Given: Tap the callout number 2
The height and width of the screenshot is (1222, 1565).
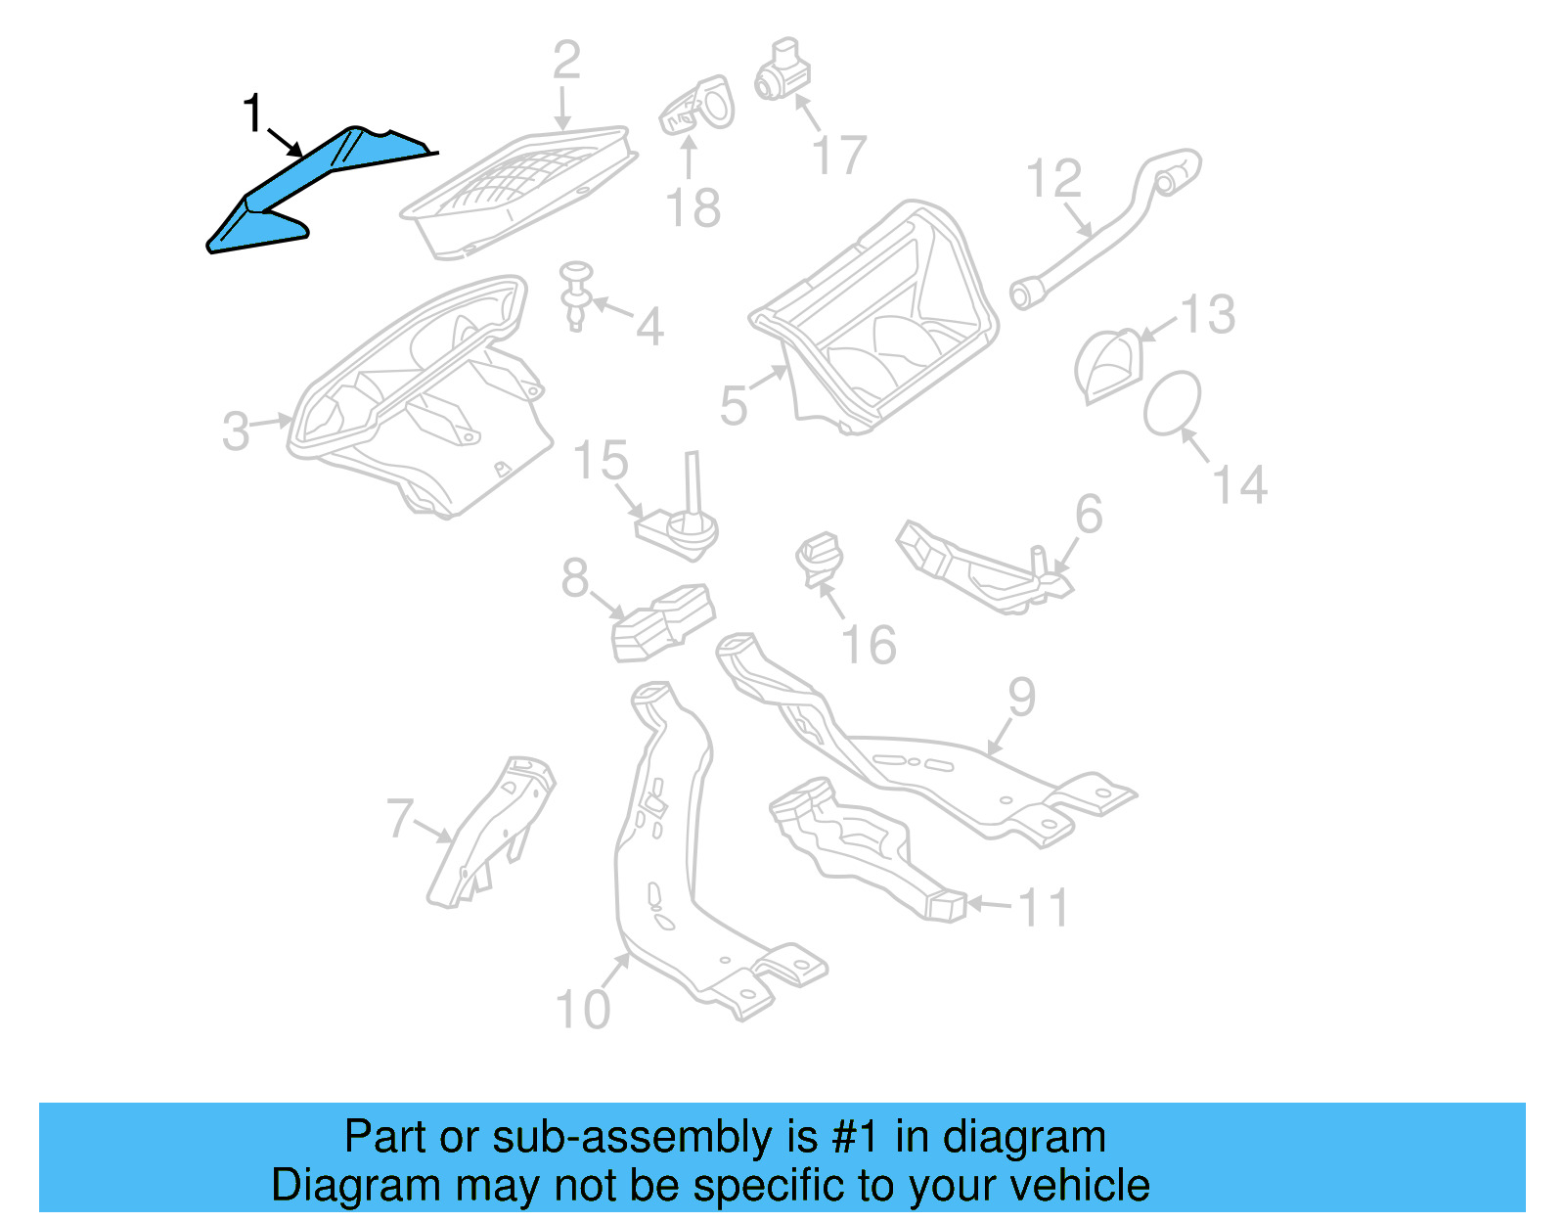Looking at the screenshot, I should tap(566, 61).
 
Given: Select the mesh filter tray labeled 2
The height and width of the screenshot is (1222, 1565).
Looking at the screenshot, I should tap(518, 191).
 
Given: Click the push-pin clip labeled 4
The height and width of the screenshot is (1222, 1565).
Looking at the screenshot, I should tap(577, 294).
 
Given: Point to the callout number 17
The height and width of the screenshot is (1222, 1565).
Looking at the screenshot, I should tap(839, 156).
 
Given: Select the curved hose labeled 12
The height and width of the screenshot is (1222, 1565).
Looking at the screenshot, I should tap(1105, 230).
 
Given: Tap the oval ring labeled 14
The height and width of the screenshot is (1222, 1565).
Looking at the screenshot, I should tap(1172, 402).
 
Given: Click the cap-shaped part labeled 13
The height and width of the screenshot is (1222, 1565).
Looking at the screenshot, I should tap(1108, 364).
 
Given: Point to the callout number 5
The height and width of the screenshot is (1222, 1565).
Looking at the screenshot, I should tap(734, 404).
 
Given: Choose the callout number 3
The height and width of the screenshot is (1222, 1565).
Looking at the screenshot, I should tap(236, 430).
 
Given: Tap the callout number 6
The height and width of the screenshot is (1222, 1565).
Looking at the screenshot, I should tap(1089, 514).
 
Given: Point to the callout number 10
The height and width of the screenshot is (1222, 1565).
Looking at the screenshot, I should tap(582, 1009).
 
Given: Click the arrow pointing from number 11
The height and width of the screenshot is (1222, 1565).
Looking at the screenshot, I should tap(990, 904).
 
